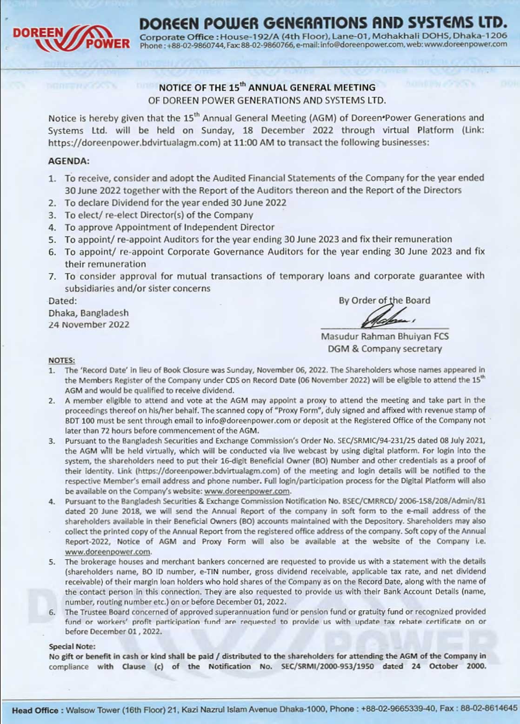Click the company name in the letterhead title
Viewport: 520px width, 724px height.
(323, 23)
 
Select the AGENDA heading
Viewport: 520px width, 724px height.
(68, 161)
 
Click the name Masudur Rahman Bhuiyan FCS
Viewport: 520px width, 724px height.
(385, 336)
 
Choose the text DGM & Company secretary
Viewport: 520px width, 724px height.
(385, 348)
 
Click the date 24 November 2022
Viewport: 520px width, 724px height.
(89, 325)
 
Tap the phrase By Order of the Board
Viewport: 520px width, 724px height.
(384, 300)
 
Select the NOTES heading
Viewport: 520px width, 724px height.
(62, 360)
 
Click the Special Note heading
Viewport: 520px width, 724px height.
(72, 646)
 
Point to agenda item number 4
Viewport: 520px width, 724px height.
(53, 227)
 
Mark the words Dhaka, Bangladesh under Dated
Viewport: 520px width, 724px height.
(88, 313)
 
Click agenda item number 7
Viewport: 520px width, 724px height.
(53, 276)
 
